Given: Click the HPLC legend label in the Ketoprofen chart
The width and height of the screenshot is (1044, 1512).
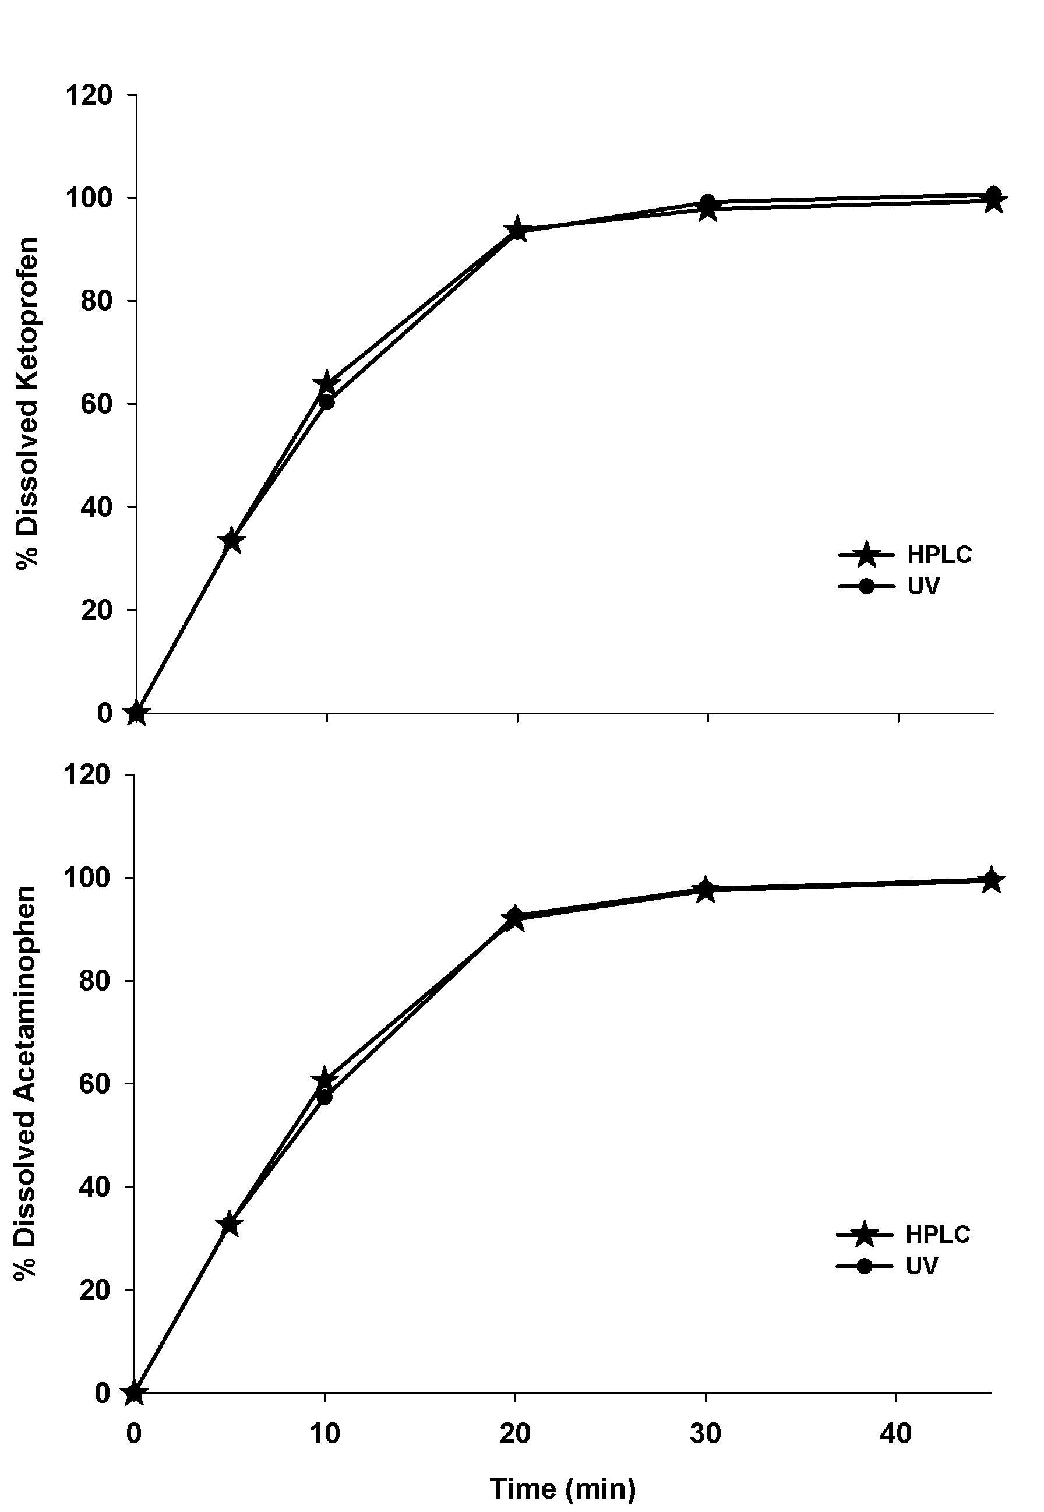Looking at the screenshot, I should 939,555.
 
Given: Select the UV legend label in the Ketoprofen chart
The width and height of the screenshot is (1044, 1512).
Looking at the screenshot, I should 923,586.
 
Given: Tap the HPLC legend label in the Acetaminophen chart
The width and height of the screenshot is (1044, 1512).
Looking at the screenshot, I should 937,1235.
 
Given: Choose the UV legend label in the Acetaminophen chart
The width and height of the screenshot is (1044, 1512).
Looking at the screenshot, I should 922,1266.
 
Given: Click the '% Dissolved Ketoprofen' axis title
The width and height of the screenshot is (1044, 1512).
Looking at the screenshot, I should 27,403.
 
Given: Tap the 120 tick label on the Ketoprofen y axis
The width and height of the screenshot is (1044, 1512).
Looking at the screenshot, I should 89,96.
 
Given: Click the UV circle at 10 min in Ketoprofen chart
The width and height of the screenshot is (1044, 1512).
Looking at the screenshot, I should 326,401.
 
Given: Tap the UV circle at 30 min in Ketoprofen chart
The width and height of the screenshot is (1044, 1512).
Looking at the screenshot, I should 707,202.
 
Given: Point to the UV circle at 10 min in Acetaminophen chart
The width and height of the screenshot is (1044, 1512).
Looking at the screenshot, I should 325,1096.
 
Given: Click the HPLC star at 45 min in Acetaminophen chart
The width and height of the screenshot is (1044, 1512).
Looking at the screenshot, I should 992,880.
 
